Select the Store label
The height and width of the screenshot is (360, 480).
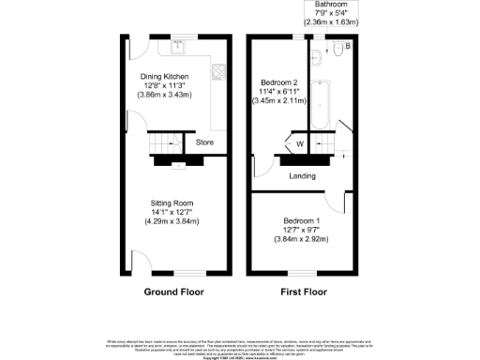[204, 142]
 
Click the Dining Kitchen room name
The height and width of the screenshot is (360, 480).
[164, 76]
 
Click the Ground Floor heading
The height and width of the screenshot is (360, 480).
[173, 292]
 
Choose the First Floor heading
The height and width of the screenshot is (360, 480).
[304, 292]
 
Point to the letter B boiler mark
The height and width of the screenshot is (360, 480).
[349, 45]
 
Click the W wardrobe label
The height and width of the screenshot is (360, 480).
[299, 143]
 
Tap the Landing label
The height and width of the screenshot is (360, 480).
[302, 175]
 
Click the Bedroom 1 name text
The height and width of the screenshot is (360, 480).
[302, 220]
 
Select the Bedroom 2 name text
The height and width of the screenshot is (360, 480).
[279, 82]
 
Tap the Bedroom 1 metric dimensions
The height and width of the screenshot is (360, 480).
[302, 240]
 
